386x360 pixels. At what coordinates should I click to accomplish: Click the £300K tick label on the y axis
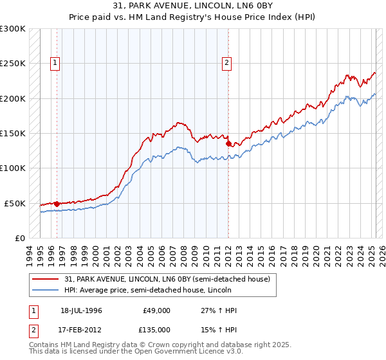click(13, 29)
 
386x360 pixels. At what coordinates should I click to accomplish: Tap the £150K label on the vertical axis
click(13, 134)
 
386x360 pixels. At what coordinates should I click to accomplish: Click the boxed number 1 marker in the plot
click(56, 63)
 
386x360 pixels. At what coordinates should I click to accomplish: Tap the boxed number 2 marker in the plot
click(228, 63)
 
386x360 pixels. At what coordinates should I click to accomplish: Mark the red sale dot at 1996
click(57, 204)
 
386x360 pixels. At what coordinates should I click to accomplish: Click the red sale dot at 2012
click(228, 144)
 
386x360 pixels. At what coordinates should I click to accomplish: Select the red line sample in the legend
click(46, 279)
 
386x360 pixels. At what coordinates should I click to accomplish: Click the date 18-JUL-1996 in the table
click(81, 310)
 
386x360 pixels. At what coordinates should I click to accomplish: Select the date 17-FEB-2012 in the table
click(81, 329)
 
